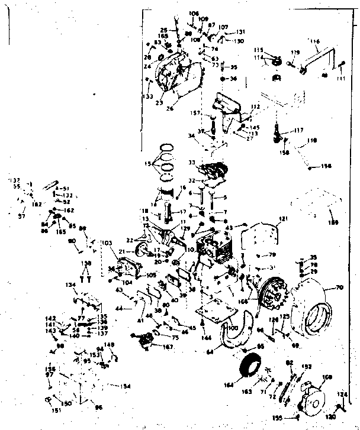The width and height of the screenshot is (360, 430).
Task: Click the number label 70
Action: coord(340,287)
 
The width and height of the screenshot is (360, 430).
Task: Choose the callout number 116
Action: coord(314,42)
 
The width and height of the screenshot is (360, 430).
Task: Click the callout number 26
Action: coord(171,108)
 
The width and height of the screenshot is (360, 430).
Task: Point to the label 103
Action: coord(107,243)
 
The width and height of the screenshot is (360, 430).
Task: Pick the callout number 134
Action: coord(72,285)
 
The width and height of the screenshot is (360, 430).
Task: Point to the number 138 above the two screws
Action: coord(86,263)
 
